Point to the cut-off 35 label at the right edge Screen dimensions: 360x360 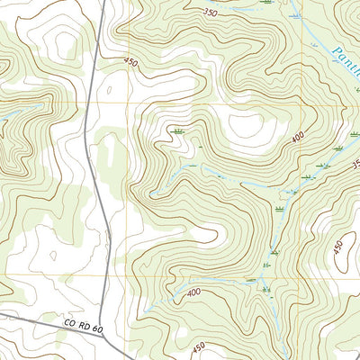coord(355,165)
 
